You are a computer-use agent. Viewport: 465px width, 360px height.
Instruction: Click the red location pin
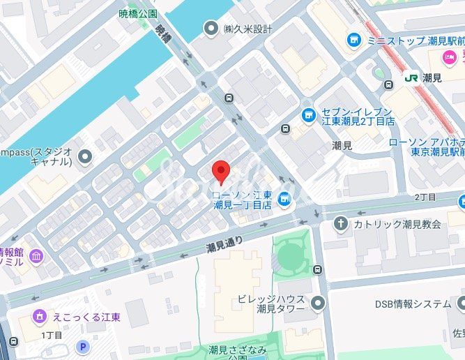[x=220, y=172]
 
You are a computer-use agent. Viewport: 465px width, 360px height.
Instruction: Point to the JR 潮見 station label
[x=421, y=78]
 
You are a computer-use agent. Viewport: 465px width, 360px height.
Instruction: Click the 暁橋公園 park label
[x=138, y=13]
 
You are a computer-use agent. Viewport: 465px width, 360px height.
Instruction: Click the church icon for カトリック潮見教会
[x=341, y=223]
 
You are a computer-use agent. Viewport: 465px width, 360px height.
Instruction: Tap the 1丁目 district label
[x=52, y=336]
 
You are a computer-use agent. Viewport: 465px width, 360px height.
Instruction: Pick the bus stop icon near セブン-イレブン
[x=285, y=129]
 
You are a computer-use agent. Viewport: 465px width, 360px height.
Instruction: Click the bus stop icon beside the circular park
[x=318, y=269]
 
